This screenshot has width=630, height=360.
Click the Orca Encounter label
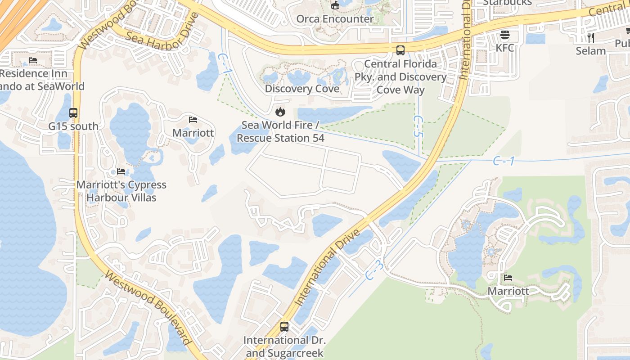(335, 19)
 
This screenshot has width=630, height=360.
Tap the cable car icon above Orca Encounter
(335, 5)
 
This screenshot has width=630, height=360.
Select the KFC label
(505, 48)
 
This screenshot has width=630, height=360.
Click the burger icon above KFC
(505, 35)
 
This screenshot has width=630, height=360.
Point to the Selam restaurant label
(591, 51)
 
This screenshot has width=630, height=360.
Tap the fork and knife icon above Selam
(591, 38)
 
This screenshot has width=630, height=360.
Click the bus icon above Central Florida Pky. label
(400, 50)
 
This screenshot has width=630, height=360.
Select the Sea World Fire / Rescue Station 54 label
(280, 131)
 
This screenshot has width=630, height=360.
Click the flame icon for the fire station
(280, 111)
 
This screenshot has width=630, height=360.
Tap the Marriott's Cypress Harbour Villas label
(121, 191)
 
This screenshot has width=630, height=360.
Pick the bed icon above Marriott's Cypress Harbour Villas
(121, 171)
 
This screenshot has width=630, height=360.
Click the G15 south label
(73, 126)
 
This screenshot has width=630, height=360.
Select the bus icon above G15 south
(73, 113)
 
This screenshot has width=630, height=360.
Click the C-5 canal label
(418, 126)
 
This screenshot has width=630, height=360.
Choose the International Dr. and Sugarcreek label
(284, 346)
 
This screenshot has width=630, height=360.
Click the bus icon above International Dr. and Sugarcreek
(284, 327)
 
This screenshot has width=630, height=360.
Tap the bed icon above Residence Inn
(33, 60)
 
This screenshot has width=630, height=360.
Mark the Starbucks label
(507, 2)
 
